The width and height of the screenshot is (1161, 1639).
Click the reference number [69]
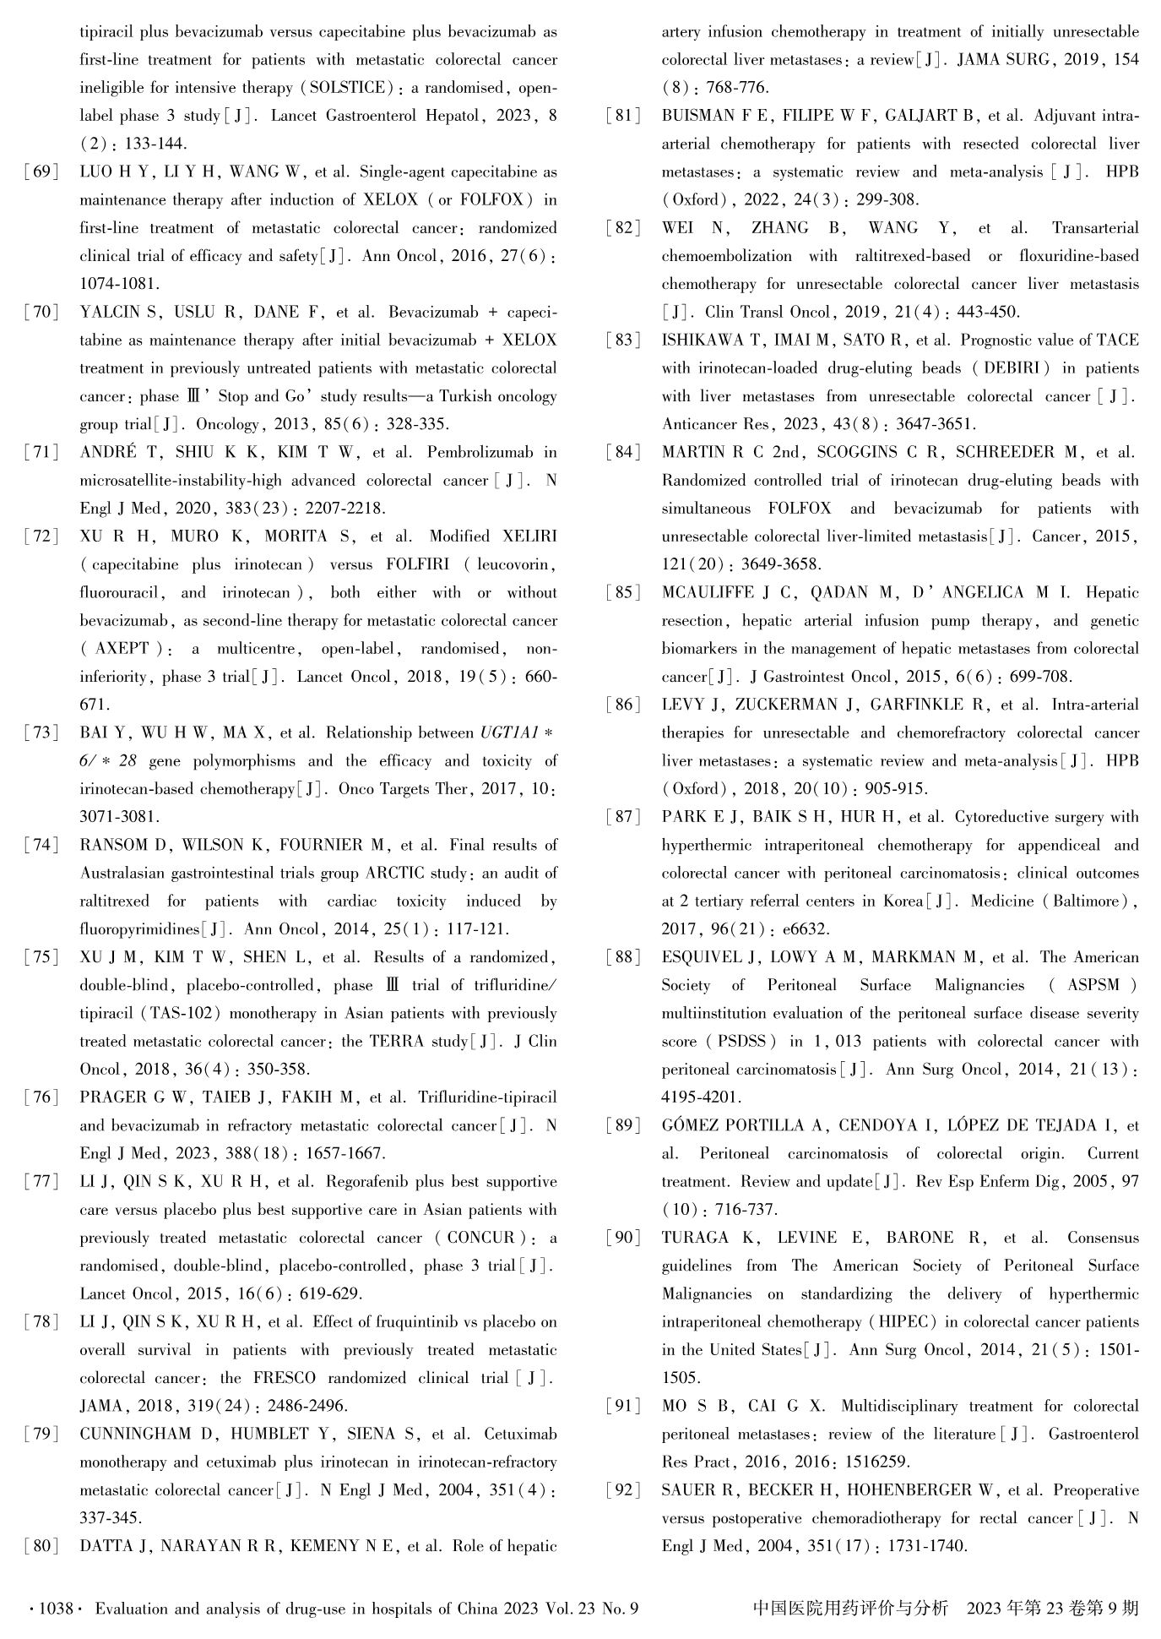41,172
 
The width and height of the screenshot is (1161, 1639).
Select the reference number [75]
41,958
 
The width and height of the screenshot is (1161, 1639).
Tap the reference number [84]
624,453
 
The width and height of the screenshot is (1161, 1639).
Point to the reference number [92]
624,1490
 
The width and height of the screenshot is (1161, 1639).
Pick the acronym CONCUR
481,1239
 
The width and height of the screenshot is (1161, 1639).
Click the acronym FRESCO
284,1378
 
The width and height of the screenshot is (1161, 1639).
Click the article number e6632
806,929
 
